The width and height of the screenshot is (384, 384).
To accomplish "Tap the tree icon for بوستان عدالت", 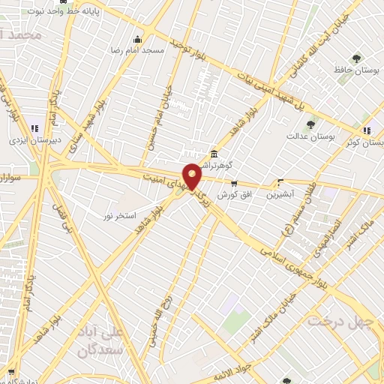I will pyautogui.click(x=310, y=124).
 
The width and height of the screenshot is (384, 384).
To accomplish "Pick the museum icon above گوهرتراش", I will pyautogui.click(x=214, y=152).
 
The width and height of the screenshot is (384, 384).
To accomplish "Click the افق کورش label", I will pyautogui.click(x=233, y=194).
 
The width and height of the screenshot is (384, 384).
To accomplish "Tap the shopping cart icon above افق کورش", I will pyautogui.click(x=233, y=184).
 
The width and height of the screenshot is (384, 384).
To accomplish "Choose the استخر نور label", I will pyautogui.click(x=120, y=216).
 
